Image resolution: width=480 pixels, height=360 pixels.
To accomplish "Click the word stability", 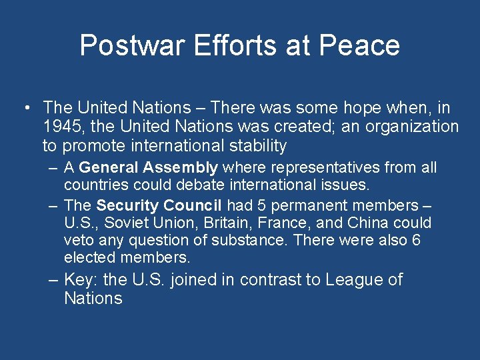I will pos(256,146).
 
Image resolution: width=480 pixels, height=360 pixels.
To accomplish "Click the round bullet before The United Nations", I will pos(25,108).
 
